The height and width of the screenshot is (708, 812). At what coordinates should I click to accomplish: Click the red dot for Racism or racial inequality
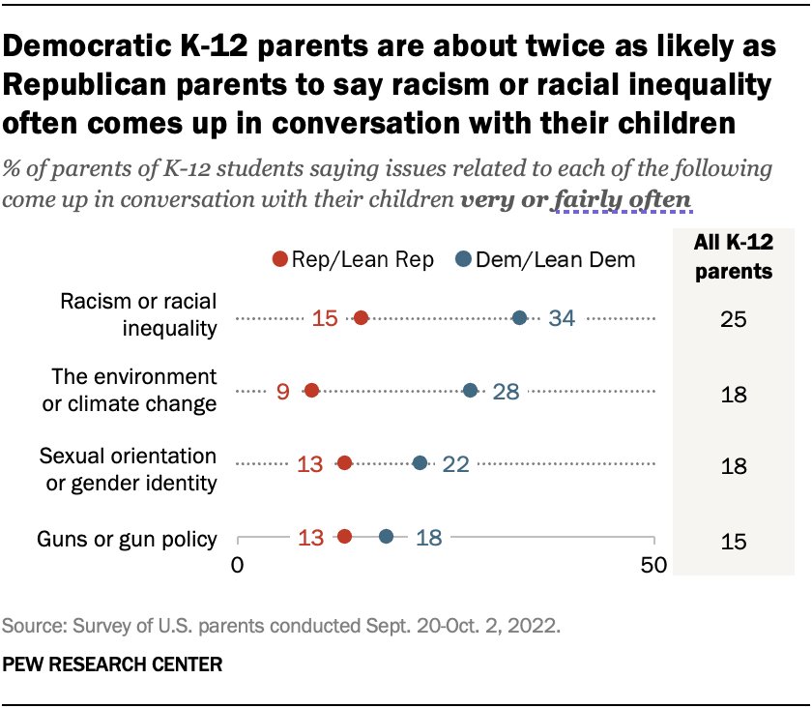point(361,318)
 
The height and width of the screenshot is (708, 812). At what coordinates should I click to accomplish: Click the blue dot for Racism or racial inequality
point(519,318)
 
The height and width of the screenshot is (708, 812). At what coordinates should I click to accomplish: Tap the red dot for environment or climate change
point(311,391)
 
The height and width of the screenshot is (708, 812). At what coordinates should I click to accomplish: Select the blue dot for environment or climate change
point(470,391)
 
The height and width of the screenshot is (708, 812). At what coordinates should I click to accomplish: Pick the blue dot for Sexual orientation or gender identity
point(420,463)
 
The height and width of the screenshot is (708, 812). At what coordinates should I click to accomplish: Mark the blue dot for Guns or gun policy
point(386,537)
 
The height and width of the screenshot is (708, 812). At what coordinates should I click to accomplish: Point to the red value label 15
point(326,318)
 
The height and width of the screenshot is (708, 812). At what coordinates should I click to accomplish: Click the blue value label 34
point(562,318)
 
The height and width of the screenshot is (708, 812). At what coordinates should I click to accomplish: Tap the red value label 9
point(283,391)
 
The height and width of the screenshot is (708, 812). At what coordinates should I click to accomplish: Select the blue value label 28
point(512,391)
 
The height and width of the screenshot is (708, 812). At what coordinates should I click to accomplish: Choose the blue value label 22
point(455,463)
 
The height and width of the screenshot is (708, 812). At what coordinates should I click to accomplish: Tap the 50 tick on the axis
point(654,565)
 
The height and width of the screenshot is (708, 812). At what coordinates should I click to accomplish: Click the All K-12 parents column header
point(734,258)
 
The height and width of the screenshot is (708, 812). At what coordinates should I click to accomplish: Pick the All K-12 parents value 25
point(734,319)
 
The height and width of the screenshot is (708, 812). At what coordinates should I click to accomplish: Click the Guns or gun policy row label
point(126,539)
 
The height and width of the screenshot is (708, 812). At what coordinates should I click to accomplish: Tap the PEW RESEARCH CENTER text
point(113,664)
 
